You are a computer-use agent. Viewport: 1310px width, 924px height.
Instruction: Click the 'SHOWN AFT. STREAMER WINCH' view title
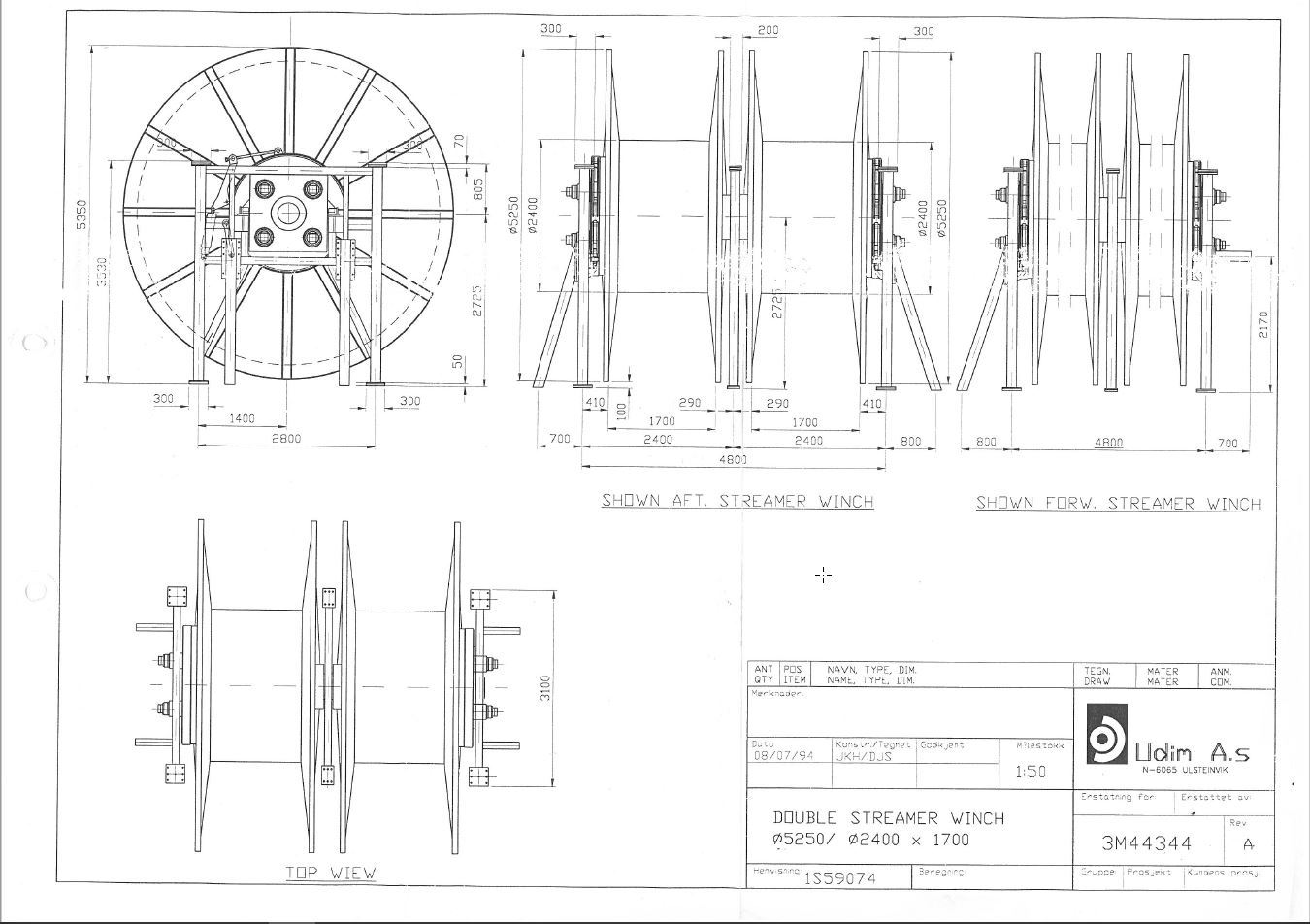click(737, 501)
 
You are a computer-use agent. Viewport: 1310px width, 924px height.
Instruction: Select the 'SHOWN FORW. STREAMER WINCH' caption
click(1118, 503)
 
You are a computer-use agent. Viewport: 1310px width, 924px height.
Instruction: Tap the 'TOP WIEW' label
click(330, 873)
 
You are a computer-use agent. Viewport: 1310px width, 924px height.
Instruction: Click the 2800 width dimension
click(285, 438)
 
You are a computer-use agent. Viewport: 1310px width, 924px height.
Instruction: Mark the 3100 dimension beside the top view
click(546, 687)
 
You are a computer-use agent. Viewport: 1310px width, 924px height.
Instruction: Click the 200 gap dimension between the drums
click(768, 31)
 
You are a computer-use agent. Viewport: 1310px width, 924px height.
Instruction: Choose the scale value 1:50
click(1030, 772)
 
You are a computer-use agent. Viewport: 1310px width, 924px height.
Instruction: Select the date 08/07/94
click(782, 757)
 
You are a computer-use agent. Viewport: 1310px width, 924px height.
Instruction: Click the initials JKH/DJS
click(863, 757)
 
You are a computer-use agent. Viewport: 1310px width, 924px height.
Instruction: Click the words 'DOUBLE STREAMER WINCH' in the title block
click(888, 818)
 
